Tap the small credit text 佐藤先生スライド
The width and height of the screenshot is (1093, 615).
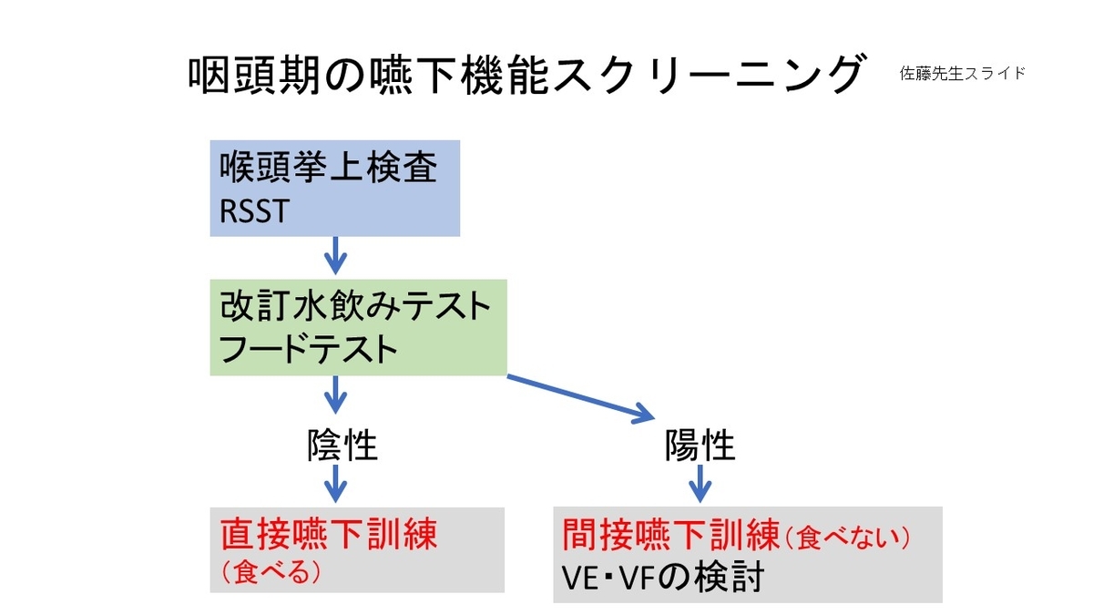(x=962, y=74)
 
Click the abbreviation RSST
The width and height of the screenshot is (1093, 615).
(x=254, y=211)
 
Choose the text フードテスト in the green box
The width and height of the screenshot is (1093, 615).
(x=310, y=349)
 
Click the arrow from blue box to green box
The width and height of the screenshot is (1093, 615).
(x=336, y=255)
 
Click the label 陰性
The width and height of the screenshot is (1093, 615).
(x=342, y=446)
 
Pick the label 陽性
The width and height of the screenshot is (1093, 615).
(x=700, y=446)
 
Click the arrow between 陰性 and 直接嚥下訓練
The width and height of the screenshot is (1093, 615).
(x=336, y=483)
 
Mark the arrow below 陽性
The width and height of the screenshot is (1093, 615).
(x=700, y=483)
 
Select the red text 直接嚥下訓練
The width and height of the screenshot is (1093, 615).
(x=329, y=535)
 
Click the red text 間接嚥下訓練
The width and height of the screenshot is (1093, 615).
(x=670, y=535)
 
